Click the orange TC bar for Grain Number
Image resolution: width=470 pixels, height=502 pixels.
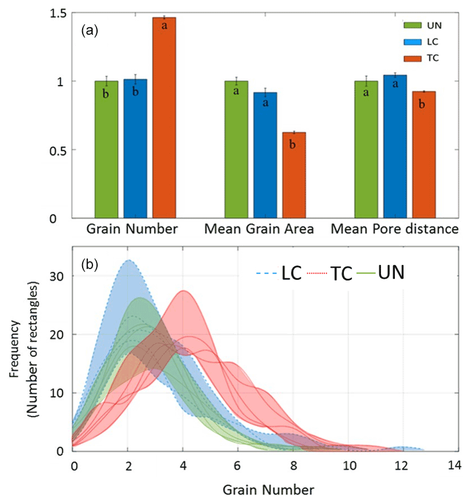(x=164, y=118)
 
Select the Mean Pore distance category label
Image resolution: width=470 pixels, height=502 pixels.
(x=395, y=230)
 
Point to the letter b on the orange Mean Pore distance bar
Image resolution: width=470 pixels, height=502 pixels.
(x=424, y=105)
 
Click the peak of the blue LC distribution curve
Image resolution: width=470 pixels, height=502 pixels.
(x=128, y=260)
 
